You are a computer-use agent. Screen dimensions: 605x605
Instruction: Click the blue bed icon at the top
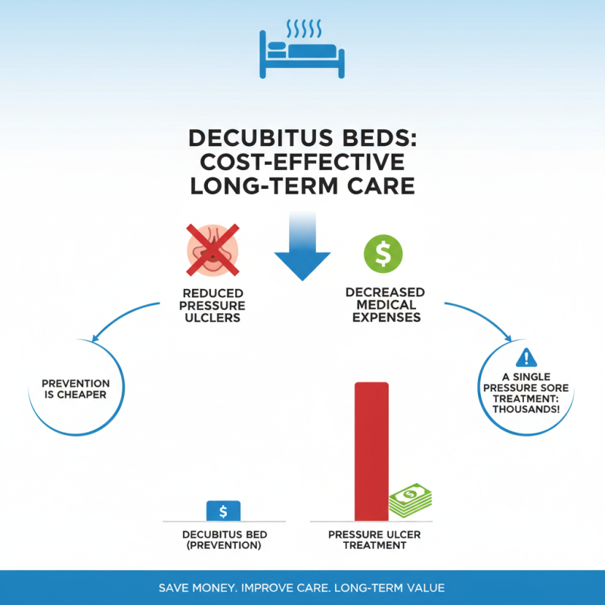coord(302,56)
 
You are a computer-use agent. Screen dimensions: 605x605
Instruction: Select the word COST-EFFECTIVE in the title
coord(302,162)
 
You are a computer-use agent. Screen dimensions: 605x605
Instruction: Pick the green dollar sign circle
coord(383,254)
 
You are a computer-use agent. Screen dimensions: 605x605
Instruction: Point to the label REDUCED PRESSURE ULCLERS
coord(213,305)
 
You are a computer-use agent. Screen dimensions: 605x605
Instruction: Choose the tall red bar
coord(371,451)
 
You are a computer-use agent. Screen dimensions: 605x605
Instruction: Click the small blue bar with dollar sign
coord(223,511)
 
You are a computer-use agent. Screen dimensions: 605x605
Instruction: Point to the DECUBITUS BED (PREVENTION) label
coord(225,540)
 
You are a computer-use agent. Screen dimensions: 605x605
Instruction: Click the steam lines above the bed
coord(303,29)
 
